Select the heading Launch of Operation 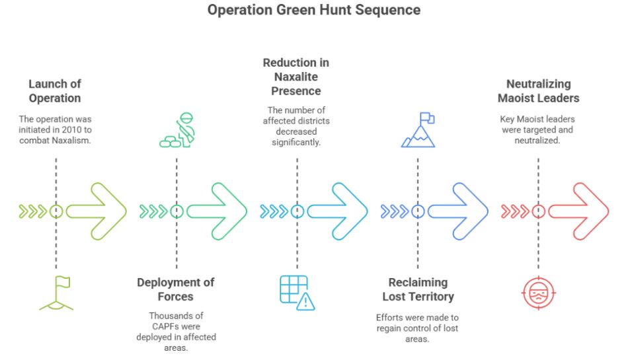coord(54,91)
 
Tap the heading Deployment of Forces coord(176,289)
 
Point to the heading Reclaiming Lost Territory coord(418,289)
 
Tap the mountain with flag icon coord(418,130)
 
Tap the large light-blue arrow coord(338,211)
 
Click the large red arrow coord(580,211)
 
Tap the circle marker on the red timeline coord(539,211)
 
